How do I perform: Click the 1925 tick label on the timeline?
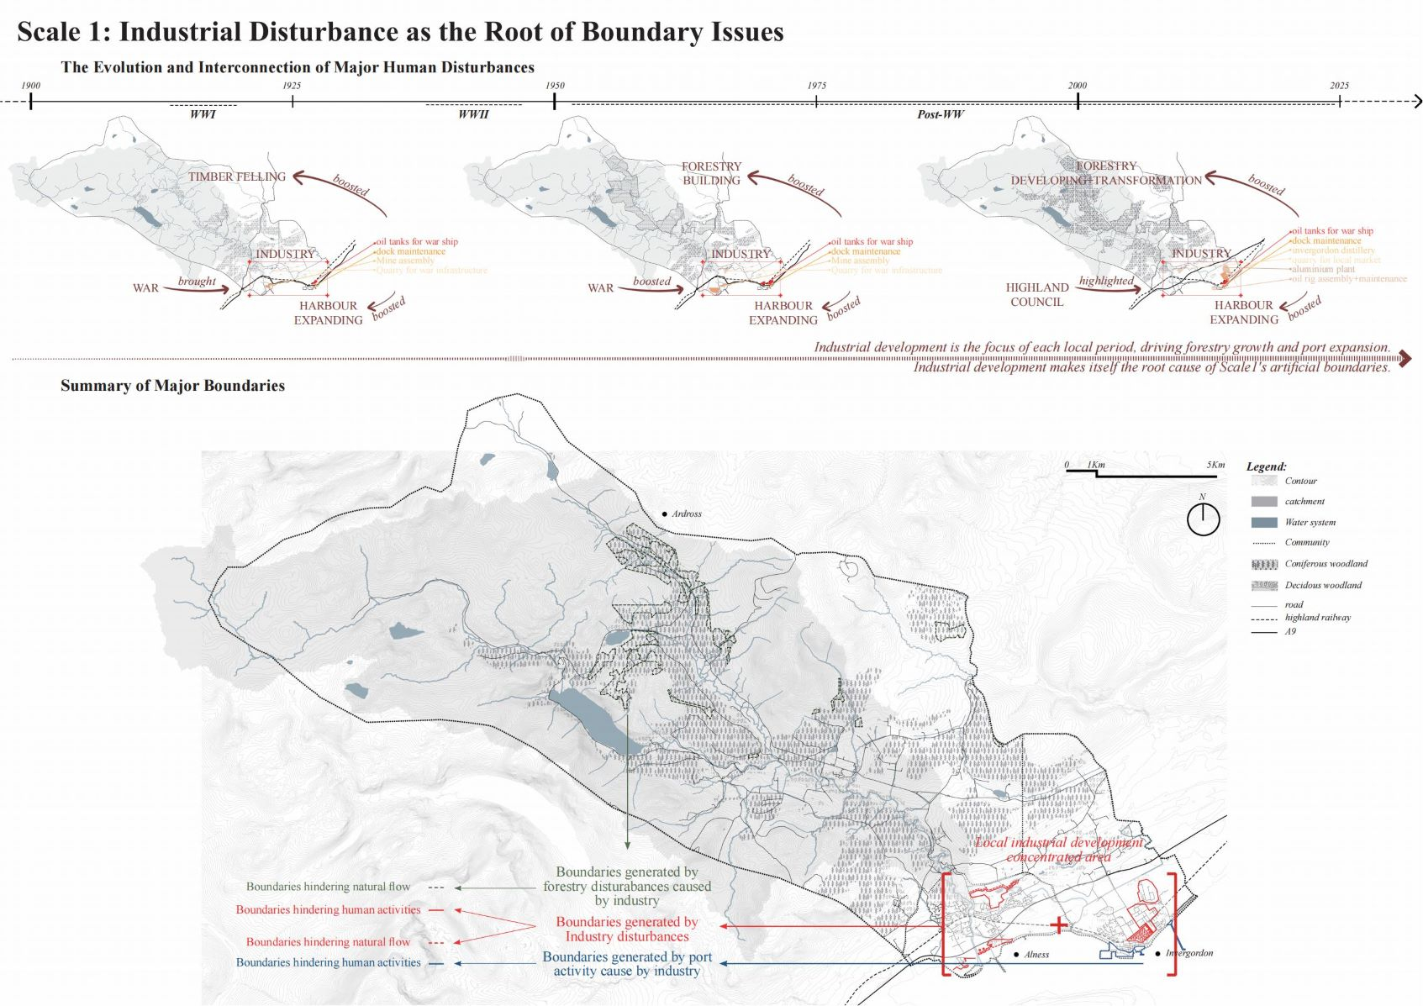pos(291,86)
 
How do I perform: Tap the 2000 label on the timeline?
pos(1077,86)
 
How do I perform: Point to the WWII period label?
pos(472,114)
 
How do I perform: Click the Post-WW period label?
pos(940,114)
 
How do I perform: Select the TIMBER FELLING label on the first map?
pos(236,177)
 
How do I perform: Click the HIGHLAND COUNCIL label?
pos(1036,294)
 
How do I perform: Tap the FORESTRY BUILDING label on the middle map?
pos(711,173)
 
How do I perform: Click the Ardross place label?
pos(686,514)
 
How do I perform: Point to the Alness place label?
pos(1036,955)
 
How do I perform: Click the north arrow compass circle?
pos(1203,519)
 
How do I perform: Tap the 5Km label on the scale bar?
pos(1215,465)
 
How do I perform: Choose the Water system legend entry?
pos(1309,522)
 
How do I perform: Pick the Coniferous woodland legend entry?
pos(1325,564)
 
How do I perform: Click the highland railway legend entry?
pos(1316,618)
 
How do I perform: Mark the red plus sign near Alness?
pos(1058,925)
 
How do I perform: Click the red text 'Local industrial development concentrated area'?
pos(1058,850)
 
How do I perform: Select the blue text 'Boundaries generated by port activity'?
pos(626,964)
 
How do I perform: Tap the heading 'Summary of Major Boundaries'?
pos(172,386)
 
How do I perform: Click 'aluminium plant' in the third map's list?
pos(1323,270)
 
